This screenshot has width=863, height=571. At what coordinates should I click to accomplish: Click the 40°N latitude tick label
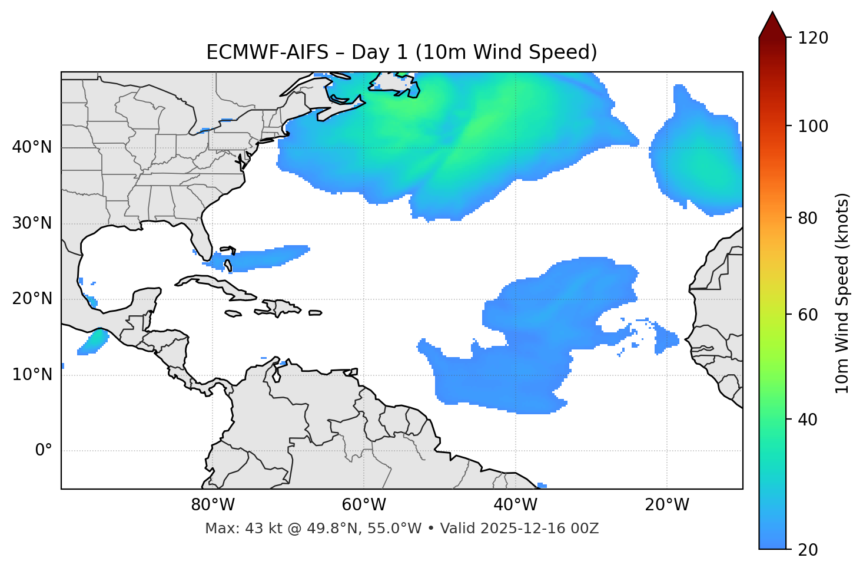pyautogui.click(x=32, y=147)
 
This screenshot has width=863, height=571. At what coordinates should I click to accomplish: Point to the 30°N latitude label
pyautogui.click(x=32, y=223)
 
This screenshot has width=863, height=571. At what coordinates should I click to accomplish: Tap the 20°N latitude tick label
pyautogui.click(x=32, y=299)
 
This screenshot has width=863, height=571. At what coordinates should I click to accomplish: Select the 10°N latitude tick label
pyautogui.click(x=32, y=375)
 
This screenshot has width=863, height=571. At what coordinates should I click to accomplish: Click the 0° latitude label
pyautogui.click(x=44, y=451)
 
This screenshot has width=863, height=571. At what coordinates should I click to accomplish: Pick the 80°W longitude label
pyautogui.click(x=213, y=505)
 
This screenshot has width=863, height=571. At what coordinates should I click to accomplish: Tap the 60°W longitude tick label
pyautogui.click(x=364, y=505)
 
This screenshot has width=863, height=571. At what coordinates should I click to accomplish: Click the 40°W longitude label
pyautogui.click(x=515, y=505)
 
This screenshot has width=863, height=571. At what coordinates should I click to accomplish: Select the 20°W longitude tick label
pyautogui.click(x=667, y=505)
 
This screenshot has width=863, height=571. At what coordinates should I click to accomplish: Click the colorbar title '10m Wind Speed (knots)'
pyautogui.click(x=842, y=293)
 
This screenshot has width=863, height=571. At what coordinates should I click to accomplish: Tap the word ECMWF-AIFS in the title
pyautogui.click(x=267, y=52)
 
